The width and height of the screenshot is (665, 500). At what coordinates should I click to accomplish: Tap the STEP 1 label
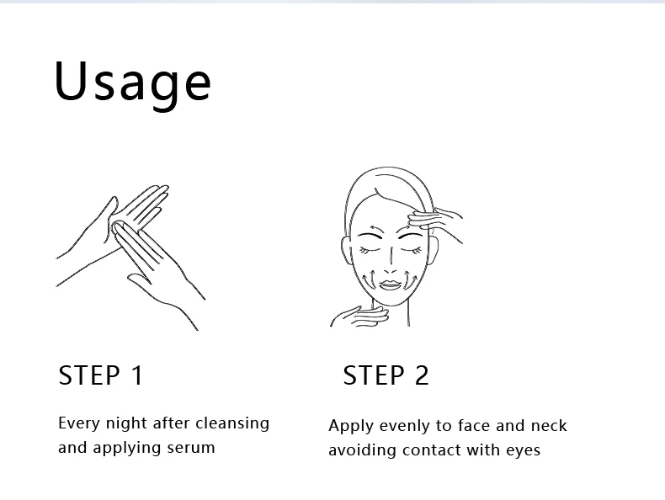coord(100,375)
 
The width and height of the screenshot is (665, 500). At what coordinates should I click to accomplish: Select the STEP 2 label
coord(386,375)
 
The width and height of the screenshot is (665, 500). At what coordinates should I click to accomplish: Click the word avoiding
coord(363,450)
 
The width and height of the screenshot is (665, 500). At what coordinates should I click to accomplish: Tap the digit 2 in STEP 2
coord(421,375)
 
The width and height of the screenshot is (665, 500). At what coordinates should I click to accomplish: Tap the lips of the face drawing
coord(390,285)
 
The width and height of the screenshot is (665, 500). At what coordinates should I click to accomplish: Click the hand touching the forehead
coord(434,221)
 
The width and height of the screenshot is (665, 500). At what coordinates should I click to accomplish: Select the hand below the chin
coord(359,316)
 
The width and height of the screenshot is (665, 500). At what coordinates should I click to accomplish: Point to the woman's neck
coord(391,315)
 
